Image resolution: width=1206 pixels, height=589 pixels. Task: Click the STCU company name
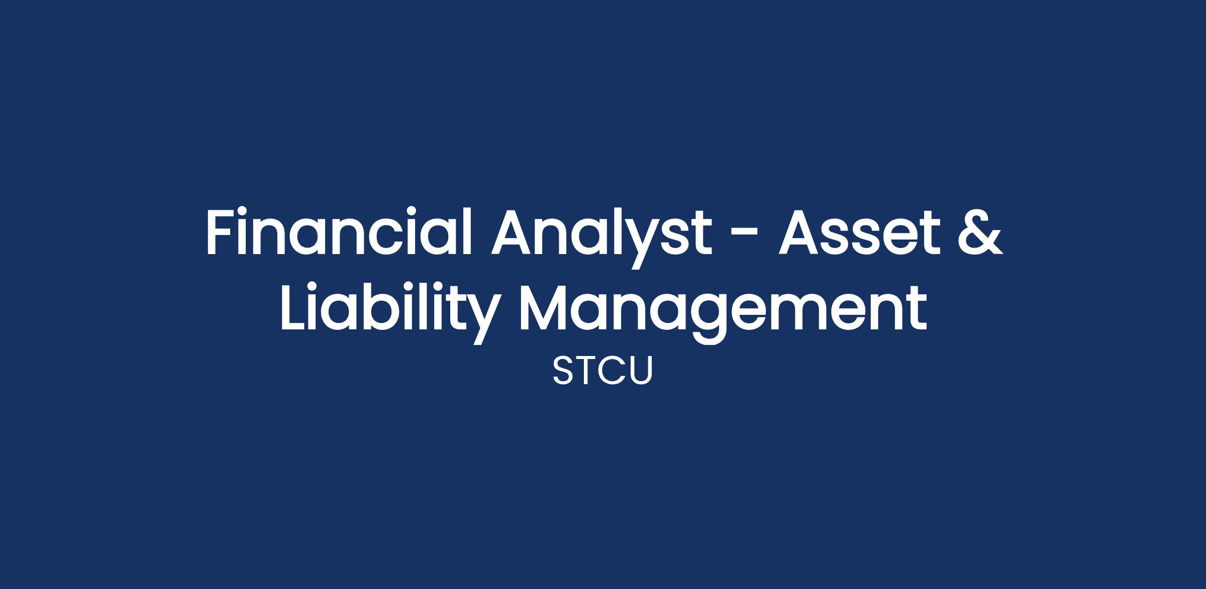pyautogui.click(x=602, y=371)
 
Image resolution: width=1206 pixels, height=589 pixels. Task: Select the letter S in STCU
pyautogui.click(x=563, y=371)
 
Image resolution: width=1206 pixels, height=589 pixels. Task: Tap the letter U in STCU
pyautogui.click(x=641, y=371)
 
